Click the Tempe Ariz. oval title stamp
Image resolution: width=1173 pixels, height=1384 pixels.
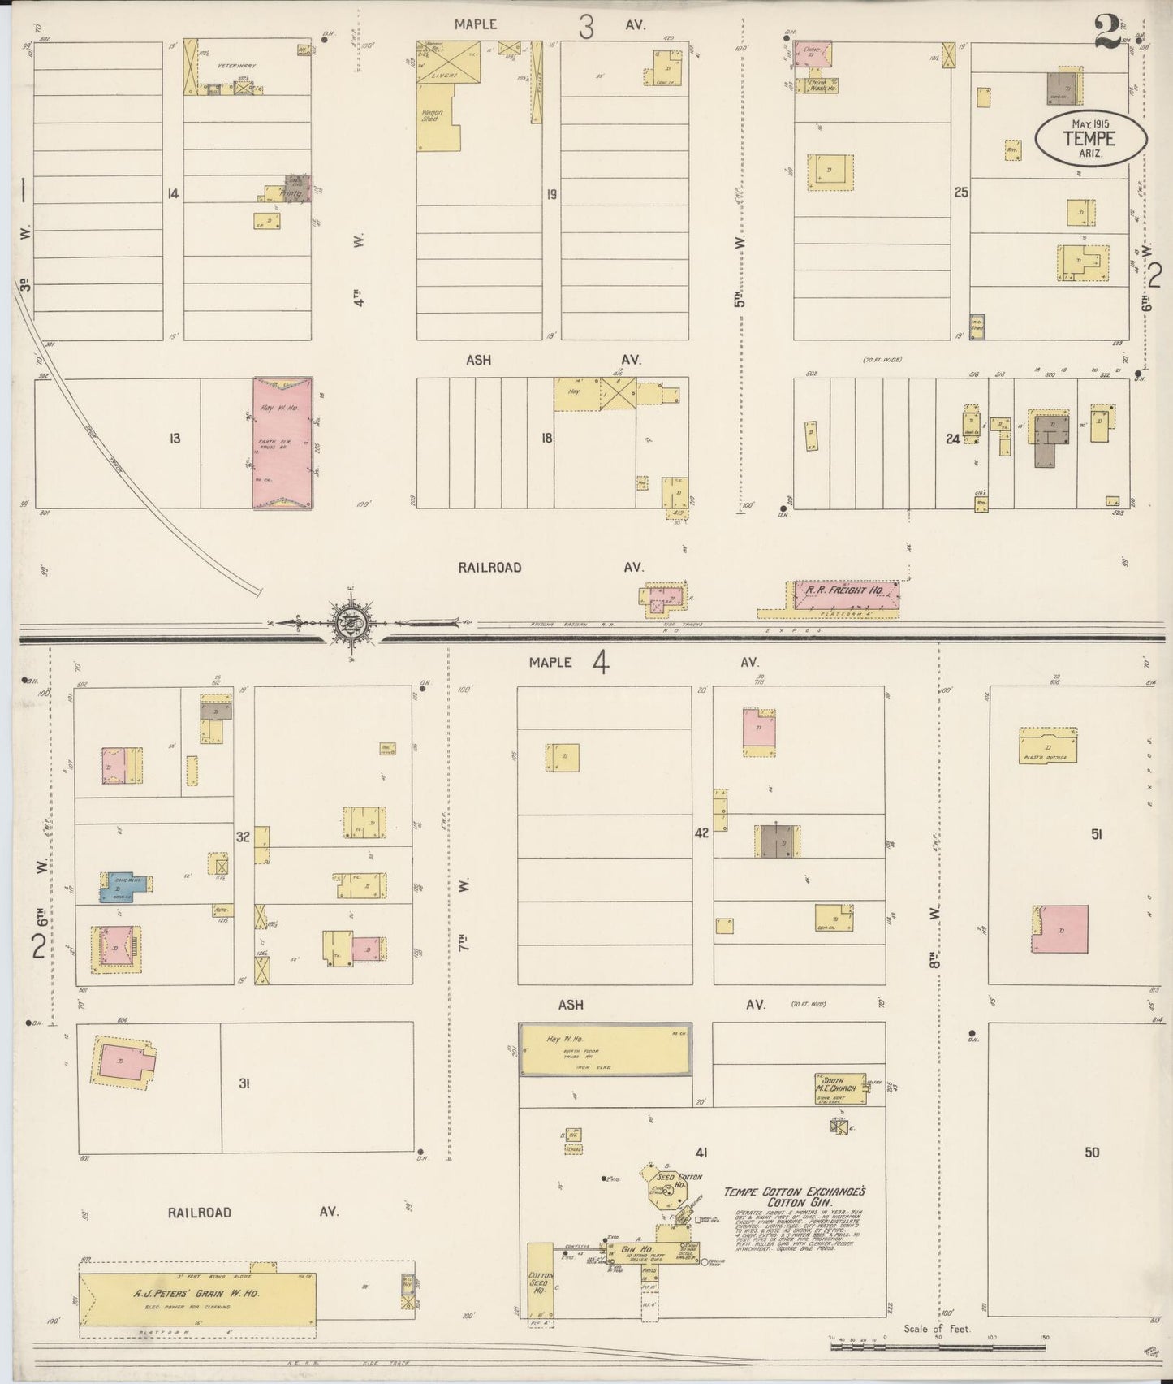tap(1090, 139)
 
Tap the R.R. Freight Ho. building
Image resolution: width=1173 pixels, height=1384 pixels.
tap(844, 594)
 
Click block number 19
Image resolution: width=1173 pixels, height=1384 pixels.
tap(551, 194)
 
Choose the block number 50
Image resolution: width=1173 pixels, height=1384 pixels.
tap(1092, 1152)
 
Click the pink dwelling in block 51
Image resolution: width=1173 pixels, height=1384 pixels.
tap(1062, 929)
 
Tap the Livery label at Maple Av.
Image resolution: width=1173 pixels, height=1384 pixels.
tap(444, 75)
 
